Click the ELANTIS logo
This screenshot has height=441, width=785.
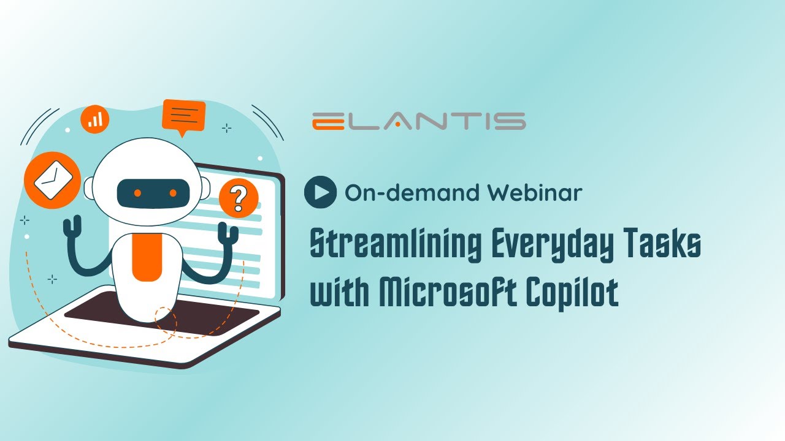[x=418, y=121]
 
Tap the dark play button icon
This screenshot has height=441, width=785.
[x=320, y=192]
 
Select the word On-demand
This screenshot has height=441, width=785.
[x=413, y=193]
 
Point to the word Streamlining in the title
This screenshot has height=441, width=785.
[x=395, y=246]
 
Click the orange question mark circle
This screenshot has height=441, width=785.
[x=239, y=198]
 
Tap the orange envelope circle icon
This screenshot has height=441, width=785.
[x=53, y=179]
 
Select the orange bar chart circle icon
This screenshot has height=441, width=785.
[x=95, y=119]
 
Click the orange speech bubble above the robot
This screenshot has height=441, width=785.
[x=184, y=115]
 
